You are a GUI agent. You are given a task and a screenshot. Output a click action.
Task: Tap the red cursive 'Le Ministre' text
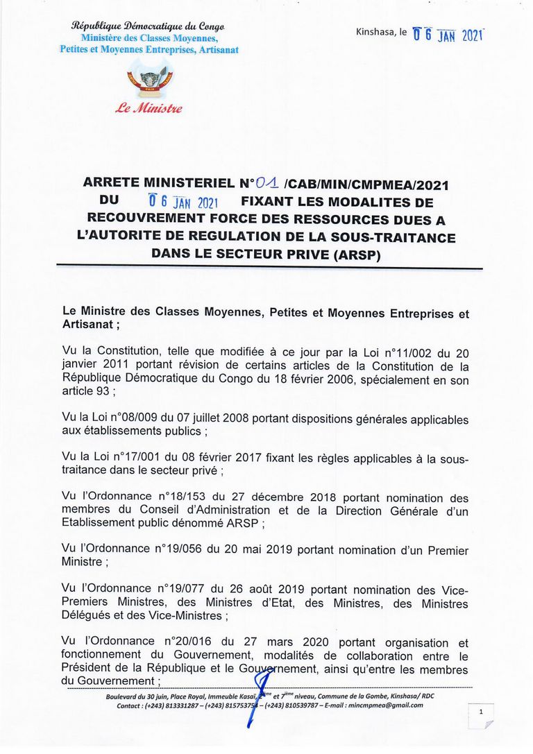pos(150,108)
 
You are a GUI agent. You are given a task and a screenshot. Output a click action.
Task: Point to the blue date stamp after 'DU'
pos(185,203)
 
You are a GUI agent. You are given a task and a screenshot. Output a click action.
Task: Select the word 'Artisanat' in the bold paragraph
pos(88,324)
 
